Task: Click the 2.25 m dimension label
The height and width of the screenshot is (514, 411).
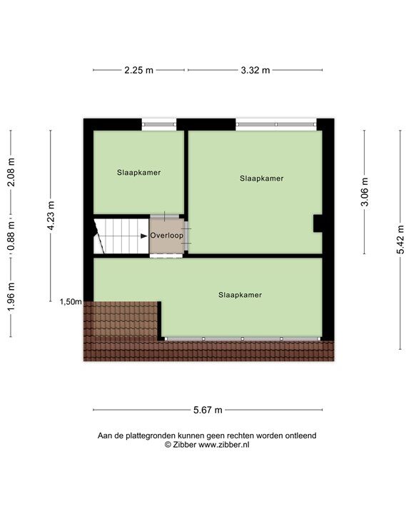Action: click(138, 70)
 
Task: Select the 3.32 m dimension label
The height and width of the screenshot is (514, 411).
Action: click(255, 70)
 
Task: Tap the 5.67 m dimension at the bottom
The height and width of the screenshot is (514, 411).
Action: click(208, 410)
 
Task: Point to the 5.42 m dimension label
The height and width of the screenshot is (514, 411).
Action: click(401, 239)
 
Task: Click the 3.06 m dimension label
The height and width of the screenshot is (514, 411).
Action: click(365, 192)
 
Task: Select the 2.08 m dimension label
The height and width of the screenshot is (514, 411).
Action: click(11, 171)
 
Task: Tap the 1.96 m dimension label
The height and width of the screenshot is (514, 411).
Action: click(11, 294)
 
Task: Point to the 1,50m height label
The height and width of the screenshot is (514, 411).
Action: click(70, 302)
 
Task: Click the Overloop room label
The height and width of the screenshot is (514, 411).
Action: click(166, 236)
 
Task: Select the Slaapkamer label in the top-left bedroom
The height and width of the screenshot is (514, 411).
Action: click(138, 173)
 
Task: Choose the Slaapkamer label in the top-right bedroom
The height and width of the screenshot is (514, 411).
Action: click(261, 178)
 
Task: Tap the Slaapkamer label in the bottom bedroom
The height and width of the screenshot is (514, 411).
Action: click(240, 294)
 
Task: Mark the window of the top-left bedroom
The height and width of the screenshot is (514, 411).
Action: click(158, 124)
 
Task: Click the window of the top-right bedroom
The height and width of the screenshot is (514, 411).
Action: click(275, 124)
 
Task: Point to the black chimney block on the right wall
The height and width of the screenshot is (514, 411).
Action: click(318, 223)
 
